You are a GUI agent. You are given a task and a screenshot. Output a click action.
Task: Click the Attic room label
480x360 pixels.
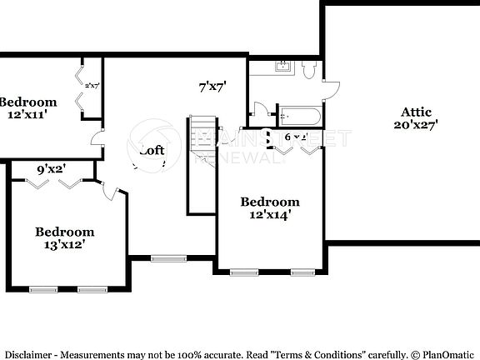417,112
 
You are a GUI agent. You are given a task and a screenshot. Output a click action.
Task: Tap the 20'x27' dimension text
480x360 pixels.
417,125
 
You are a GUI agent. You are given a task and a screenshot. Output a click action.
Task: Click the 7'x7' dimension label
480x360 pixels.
212,85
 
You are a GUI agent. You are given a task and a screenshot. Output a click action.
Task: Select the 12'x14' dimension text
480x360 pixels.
270,214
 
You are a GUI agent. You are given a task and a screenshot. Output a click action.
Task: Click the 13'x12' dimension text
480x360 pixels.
64,245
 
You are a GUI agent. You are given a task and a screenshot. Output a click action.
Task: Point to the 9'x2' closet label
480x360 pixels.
52,170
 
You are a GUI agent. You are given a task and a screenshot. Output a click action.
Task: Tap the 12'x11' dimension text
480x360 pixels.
27,115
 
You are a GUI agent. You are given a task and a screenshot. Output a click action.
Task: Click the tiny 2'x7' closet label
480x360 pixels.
92,84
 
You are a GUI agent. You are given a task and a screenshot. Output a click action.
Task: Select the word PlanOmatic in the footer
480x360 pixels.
449,353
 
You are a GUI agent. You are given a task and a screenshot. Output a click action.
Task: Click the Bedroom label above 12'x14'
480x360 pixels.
270,202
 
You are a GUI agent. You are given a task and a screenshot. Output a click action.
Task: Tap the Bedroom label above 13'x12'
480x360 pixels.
64,232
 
